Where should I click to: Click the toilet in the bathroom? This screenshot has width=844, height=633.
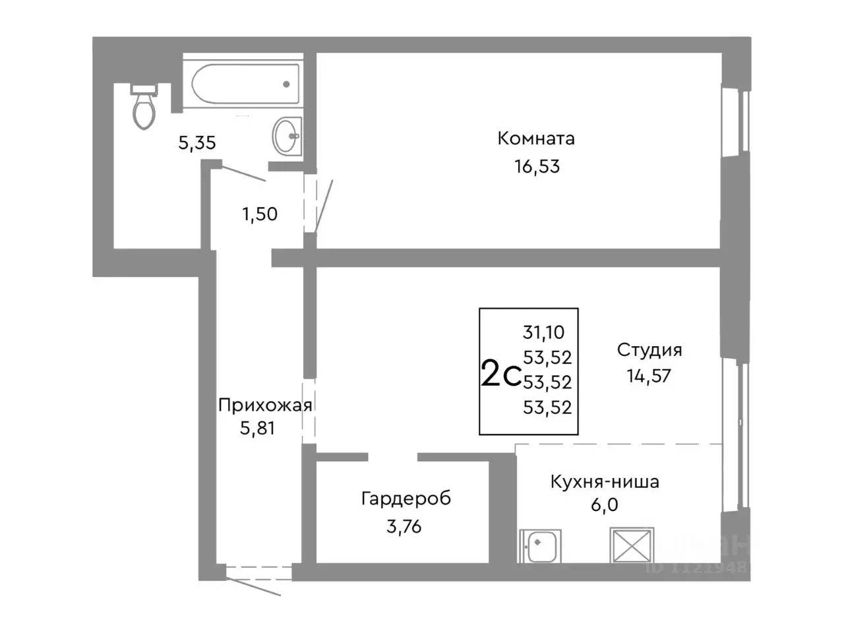point(144,107)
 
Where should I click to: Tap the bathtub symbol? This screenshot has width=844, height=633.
point(245,84)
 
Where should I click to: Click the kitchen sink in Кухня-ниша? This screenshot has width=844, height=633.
point(539,545)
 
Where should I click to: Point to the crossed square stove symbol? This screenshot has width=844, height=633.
point(632,545)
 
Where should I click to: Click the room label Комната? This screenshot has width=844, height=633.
point(535,138)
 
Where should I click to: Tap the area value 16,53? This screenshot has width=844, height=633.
point(537,167)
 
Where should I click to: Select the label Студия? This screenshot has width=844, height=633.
point(649,349)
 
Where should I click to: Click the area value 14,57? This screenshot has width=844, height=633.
point(649,376)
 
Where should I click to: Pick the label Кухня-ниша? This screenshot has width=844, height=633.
point(605,481)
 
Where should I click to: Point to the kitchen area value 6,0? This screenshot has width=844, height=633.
point(605,506)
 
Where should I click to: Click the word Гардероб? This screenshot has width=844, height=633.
point(406,498)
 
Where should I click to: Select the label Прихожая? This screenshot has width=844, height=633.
point(264,405)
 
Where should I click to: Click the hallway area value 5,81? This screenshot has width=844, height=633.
point(257,429)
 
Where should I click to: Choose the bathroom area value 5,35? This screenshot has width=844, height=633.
point(197,142)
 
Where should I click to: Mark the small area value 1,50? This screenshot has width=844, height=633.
point(260,214)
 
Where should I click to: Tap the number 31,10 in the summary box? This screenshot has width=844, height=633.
point(543,332)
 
